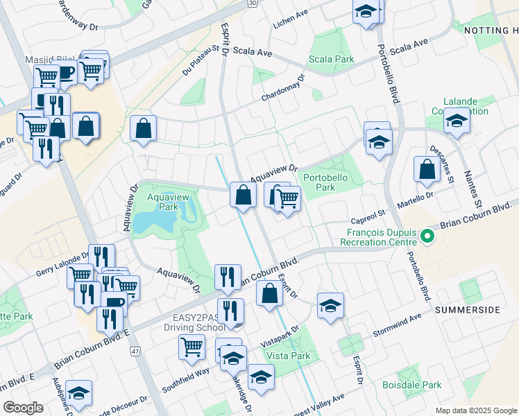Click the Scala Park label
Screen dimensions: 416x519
point(331,59)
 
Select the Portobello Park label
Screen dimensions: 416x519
point(324,182)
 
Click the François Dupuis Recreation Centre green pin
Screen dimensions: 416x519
point(427,238)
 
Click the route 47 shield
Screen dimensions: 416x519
point(135,352)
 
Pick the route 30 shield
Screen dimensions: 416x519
point(253,3)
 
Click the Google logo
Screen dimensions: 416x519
point(23,408)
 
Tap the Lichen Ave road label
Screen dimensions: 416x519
point(290,13)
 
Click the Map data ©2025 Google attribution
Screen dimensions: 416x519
point(476,410)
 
